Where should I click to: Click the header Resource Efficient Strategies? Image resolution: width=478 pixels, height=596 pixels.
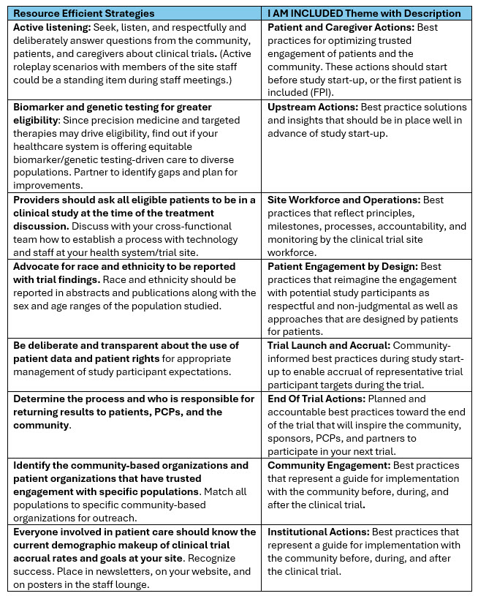point(83,13)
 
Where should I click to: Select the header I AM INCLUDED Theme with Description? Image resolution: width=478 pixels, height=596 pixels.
point(364,13)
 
